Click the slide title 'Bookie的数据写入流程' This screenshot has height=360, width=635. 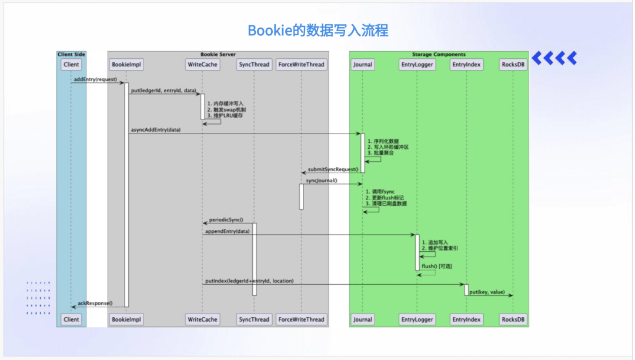(317, 31)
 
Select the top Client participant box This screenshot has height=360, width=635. (71, 64)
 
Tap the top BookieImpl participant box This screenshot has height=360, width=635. (126, 64)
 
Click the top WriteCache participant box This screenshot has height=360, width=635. (202, 64)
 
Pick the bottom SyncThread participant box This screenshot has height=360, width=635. (254, 319)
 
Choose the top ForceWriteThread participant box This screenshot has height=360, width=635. (301, 64)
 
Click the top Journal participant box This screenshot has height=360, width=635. (362, 64)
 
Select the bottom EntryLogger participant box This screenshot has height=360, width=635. (417, 319)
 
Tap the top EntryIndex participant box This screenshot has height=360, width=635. (466, 64)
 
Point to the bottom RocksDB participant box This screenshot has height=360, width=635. (513, 319)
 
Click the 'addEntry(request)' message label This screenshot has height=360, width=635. (95, 79)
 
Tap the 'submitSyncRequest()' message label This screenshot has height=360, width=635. (333, 169)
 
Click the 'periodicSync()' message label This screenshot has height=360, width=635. (226, 219)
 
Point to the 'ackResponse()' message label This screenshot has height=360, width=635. (95, 303)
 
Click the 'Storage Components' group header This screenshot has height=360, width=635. (439, 54)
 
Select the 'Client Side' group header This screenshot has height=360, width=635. (71, 54)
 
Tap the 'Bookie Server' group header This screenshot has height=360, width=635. (218, 54)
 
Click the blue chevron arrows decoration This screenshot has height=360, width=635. (554, 58)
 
